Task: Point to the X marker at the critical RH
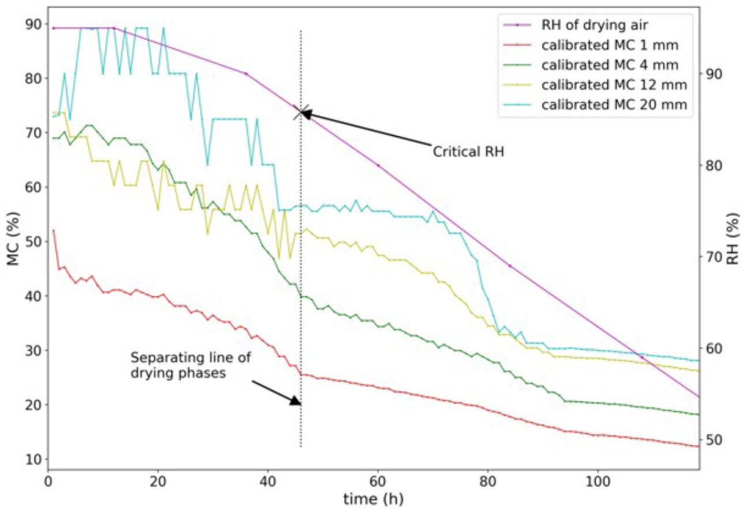[301, 113]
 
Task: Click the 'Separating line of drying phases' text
[191, 365]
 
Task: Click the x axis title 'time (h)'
[373, 498]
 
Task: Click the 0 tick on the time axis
[48, 481]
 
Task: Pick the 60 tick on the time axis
[378, 481]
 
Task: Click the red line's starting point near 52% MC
[54, 231]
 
